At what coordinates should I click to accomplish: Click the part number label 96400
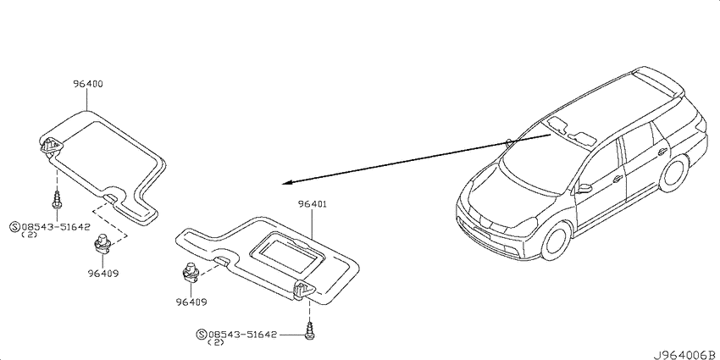(88, 84)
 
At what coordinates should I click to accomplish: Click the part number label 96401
(312, 204)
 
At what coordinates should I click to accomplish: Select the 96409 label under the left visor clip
(103, 274)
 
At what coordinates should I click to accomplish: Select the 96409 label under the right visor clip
(191, 302)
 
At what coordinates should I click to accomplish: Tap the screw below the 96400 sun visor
(56, 201)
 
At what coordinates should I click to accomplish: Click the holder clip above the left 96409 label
(102, 244)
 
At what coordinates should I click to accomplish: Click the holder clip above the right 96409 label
(190, 272)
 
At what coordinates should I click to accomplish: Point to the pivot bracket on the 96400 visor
(52, 147)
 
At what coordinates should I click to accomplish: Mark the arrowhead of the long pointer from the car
(286, 183)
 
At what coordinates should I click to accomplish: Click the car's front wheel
(557, 241)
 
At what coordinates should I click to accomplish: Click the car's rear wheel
(673, 174)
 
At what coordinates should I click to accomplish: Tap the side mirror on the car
(584, 188)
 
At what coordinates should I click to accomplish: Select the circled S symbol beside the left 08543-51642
(15, 226)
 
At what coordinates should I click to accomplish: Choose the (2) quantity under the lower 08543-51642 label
(216, 342)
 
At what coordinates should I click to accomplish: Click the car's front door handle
(618, 179)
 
